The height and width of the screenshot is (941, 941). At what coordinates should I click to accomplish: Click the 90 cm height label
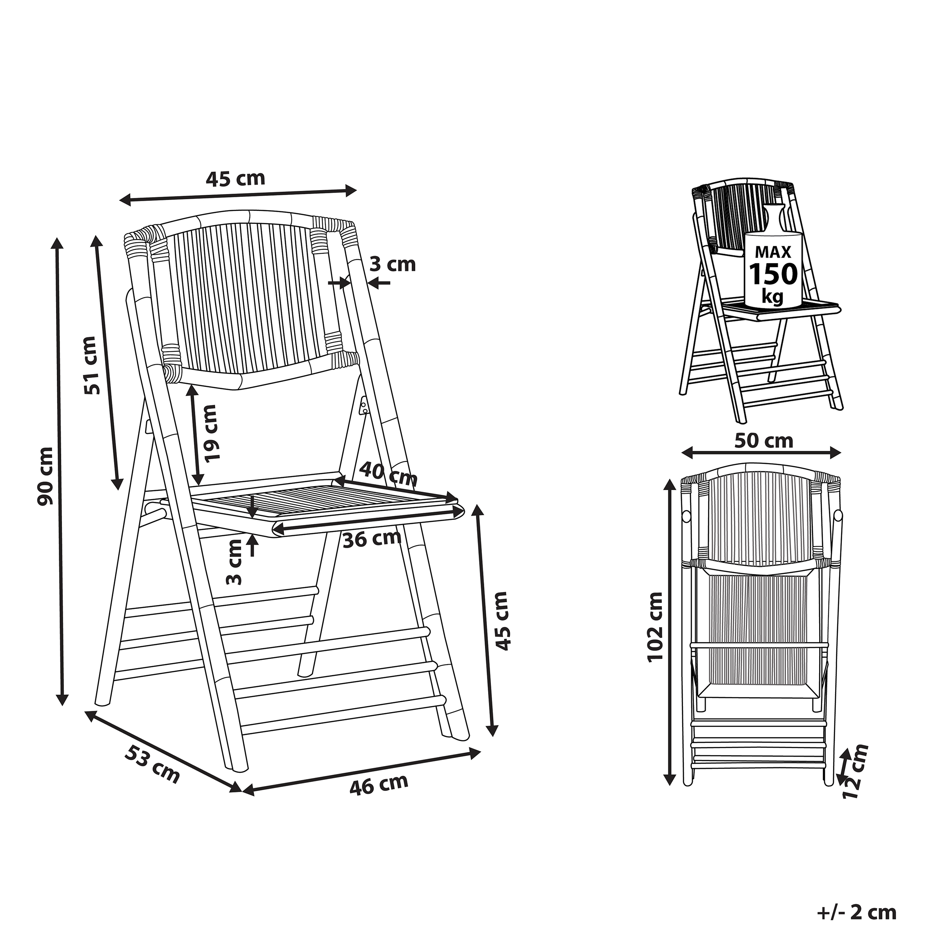point(46,476)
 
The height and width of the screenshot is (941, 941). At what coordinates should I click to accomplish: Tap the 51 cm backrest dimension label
point(92,365)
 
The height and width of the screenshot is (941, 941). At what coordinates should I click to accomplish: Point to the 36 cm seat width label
point(372,539)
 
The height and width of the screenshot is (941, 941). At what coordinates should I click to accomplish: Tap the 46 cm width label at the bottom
point(378,785)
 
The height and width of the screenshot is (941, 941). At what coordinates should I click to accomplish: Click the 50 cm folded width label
point(763,441)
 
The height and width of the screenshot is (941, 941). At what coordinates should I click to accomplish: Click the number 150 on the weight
point(774,274)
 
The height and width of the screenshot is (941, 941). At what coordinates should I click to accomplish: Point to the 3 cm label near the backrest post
point(392,265)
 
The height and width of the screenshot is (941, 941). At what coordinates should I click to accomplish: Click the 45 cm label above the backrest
point(236,179)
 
